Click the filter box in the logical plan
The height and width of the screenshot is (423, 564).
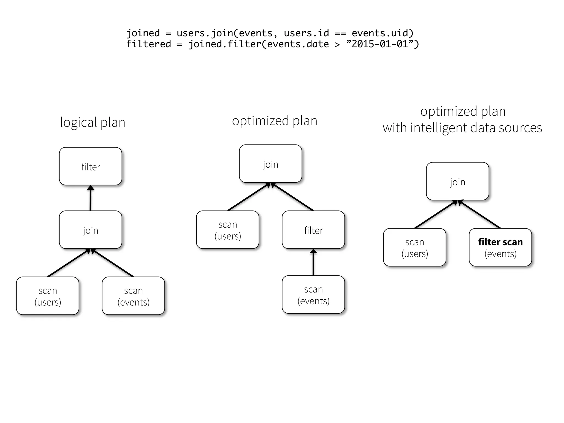click(x=90, y=166)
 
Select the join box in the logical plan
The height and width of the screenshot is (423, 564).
click(x=90, y=230)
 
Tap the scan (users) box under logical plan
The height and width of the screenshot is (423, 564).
click(x=48, y=296)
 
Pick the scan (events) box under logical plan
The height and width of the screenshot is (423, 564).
click(x=133, y=296)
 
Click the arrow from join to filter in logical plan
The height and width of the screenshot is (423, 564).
click(x=90, y=199)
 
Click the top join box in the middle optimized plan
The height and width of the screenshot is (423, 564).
click(x=270, y=164)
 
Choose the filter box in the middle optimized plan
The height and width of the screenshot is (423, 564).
click(x=313, y=230)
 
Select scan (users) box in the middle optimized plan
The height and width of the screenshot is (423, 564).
click(x=227, y=230)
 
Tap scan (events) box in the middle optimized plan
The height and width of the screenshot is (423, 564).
click(x=313, y=295)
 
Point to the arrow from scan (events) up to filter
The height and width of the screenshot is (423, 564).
click(x=313, y=263)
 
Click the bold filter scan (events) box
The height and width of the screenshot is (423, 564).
click(x=500, y=247)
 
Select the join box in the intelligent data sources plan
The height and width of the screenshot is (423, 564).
click(x=457, y=181)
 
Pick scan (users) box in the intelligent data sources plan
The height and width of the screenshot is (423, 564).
click(x=414, y=247)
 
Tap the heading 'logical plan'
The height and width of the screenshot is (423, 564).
click(x=93, y=122)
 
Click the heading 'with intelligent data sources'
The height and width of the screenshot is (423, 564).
click(x=462, y=128)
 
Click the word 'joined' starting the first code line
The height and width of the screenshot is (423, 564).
click(x=143, y=33)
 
